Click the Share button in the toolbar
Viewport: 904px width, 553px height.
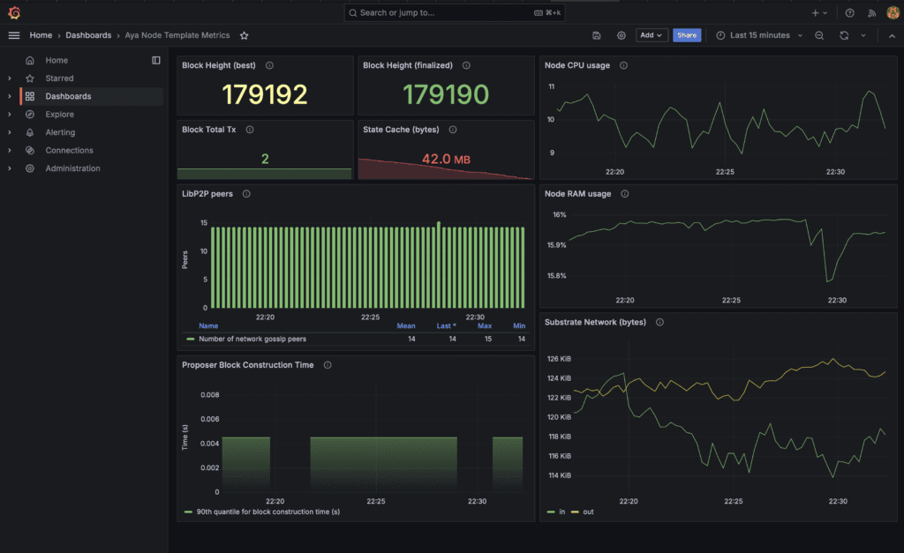(687, 35)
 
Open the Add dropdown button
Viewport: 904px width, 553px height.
(652, 35)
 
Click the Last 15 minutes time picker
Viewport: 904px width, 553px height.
(759, 35)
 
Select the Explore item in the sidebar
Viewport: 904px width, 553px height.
(59, 114)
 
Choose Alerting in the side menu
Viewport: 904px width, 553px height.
(60, 132)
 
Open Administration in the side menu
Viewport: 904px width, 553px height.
(72, 168)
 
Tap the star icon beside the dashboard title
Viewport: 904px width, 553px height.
(244, 35)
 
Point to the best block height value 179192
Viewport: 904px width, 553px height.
(265, 94)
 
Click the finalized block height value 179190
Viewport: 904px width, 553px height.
(446, 94)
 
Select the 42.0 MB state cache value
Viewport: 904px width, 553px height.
(446, 159)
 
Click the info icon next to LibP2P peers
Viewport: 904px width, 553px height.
(246, 193)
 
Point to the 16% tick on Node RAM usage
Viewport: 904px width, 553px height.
(559, 215)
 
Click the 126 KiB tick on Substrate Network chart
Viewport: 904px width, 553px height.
(559, 359)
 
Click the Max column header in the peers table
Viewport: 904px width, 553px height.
(485, 326)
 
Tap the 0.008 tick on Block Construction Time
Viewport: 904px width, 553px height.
(210, 394)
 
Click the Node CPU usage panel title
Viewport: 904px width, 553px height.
(577, 65)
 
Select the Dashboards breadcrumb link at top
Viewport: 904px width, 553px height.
(88, 35)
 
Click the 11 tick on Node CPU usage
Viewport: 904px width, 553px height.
(552, 86)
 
